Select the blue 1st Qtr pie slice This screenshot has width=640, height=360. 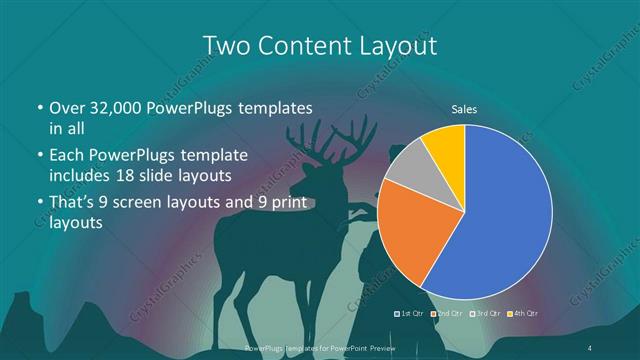(x=505, y=215)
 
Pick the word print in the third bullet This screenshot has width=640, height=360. (x=295, y=205)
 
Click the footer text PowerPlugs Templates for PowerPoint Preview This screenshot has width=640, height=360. (x=320, y=346)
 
